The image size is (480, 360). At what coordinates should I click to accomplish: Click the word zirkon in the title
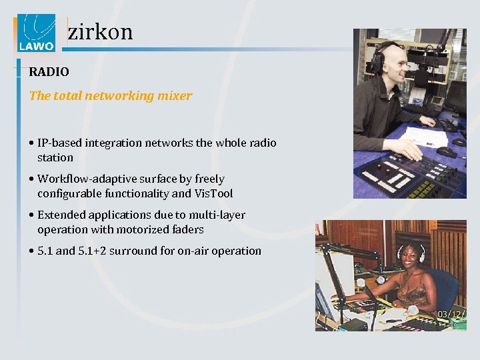(101, 31)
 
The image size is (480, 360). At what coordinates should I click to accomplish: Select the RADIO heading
(49, 71)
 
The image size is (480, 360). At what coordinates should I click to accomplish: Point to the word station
(55, 157)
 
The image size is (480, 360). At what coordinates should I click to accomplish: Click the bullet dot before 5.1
(32, 251)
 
